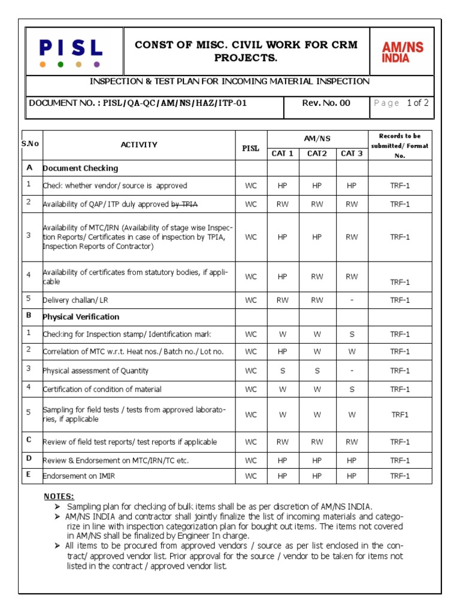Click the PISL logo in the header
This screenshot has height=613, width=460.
click(x=71, y=48)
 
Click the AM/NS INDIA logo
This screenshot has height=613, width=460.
click(x=402, y=52)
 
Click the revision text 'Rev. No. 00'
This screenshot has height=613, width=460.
click(x=326, y=103)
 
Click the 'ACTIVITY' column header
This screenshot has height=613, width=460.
click(x=139, y=145)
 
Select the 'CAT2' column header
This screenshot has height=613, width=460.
click(x=317, y=153)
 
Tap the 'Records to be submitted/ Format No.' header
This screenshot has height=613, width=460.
click(x=400, y=145)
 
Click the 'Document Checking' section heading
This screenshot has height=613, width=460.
click(x=80, y=168)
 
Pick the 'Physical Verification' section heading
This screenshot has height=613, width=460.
click(x=81, y=317)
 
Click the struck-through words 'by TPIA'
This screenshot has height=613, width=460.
click(x=184, y=204)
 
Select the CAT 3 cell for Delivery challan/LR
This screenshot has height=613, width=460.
click(x=352, y=300)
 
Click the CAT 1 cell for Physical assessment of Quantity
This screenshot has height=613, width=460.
click(x=283, y=371)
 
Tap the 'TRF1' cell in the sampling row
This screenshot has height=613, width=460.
click(x=400, y=414)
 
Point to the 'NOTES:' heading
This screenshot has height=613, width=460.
click(x=59, y=496)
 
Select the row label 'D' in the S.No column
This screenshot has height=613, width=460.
click(x=28, y=459)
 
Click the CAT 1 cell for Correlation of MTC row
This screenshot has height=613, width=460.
click(x=283, y=351)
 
